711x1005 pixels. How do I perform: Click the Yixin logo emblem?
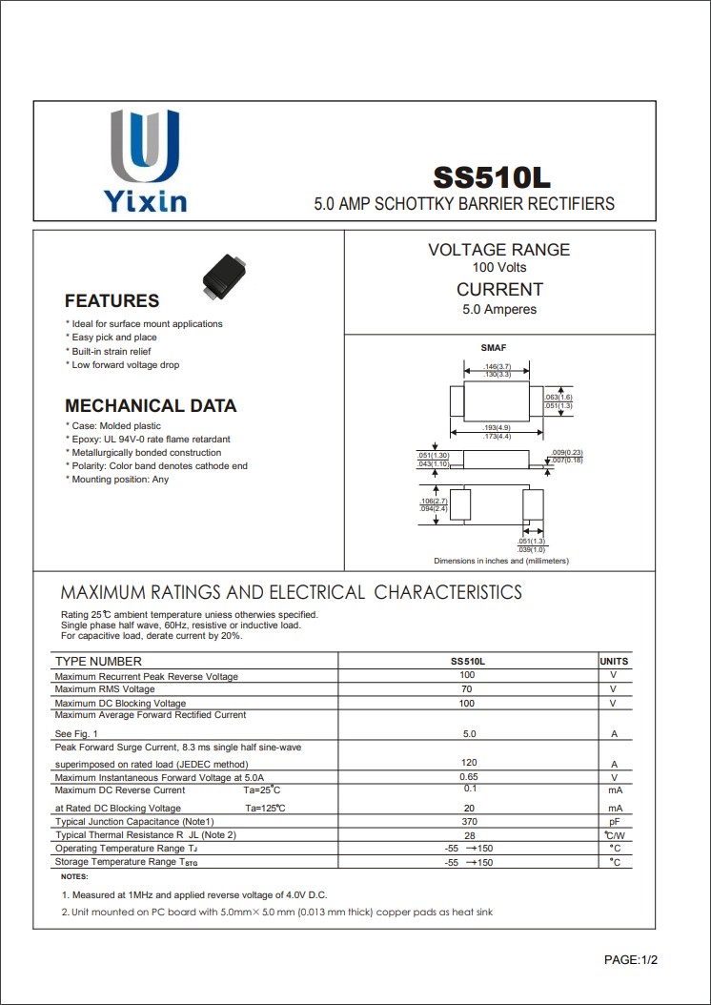(145, 148)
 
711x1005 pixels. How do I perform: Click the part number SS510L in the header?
(492, 178)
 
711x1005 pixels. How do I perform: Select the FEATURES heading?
(112, 301)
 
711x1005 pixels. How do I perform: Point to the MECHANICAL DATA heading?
(151, 405)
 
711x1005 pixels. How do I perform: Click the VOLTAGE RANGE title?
(498, 250)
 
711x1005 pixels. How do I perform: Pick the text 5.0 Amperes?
(499, 309)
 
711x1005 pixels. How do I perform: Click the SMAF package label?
(494, 348)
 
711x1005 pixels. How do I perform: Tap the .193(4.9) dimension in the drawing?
(498, 427)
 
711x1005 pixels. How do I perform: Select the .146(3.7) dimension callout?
(498, 366)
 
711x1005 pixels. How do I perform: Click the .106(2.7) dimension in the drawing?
(434, 501)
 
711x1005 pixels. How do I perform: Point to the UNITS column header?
(614, 661)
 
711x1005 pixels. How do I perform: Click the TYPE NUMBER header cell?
(98, 661)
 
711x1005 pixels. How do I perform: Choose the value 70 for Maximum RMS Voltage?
(467, 688)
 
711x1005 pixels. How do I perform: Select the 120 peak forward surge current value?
(469, 764)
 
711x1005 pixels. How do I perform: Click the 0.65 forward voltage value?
(469, 777)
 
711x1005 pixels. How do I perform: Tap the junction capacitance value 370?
(469, 821)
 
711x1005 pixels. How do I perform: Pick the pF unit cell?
(615, 821)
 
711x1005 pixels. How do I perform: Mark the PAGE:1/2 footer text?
(631, 959)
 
